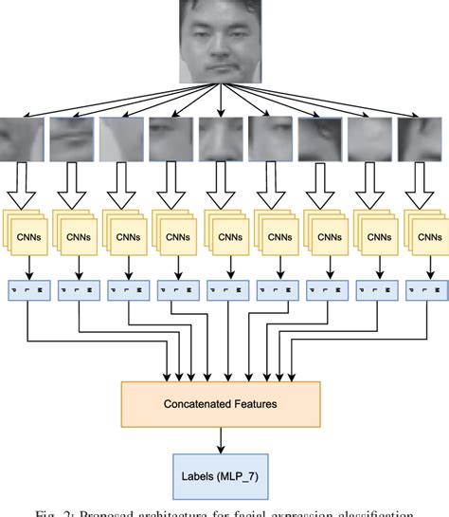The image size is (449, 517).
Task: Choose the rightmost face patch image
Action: pyautogui.click(x=422, y=138)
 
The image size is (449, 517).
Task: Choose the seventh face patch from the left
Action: pyautogui.click(x=322, y=138)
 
